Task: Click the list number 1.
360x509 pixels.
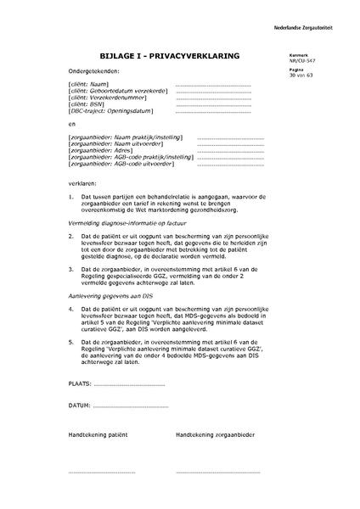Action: [70, 195]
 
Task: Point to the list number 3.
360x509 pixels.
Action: [70, 267]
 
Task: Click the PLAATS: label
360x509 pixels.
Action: [80, 383]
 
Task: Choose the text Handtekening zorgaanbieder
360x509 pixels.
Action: [214, 434]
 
